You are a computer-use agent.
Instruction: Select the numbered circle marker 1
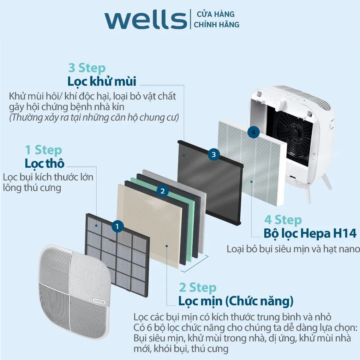click(118, 226)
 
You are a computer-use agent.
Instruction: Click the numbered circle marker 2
click(162, 191)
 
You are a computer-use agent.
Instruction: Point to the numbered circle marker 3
click(214, 154)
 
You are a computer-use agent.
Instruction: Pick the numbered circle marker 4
click(253, 132)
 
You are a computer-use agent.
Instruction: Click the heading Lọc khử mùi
click(102, 81)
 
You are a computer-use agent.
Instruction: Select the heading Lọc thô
click(44, 163)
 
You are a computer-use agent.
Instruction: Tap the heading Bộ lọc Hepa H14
click(310, 233)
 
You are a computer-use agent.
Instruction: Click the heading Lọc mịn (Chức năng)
click(236, 301)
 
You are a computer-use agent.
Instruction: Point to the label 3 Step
click(87, 68)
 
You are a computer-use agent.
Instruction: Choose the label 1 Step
click(43, 150)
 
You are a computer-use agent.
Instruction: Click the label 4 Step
click(283, 220)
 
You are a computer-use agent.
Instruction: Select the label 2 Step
click(197, 287)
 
